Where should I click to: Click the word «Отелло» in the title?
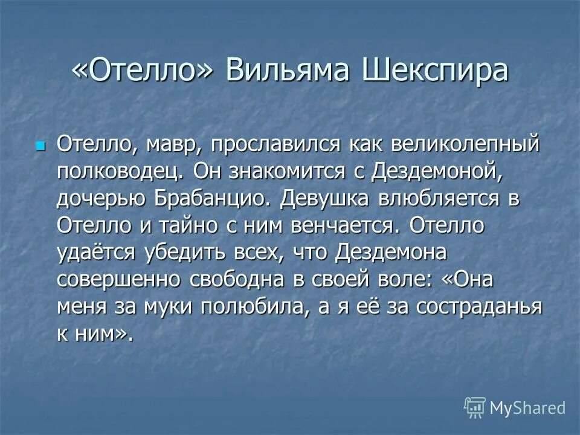pos(144,71)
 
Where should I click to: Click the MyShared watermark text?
pos(527,407)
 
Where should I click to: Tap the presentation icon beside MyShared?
pos(475,407)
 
